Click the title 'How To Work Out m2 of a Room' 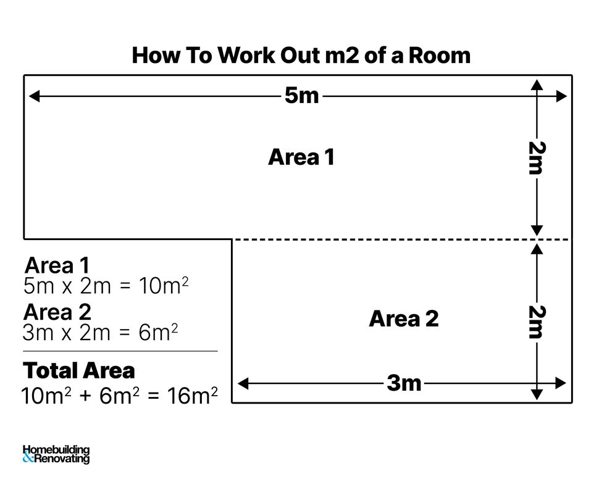tap(301, 56)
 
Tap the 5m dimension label tap(301, 96)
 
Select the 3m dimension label tap(404, 383)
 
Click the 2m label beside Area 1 tap(535, 158)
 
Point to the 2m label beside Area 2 tap(535, 322)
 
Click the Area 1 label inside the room tap(301, 157)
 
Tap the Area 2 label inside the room tap(404, 319)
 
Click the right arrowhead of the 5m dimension tap(561, 96)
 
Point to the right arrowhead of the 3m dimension tap(561, 383)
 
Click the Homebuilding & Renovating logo tap(56, 454)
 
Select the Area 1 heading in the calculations tap(57, 266)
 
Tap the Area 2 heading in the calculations tap(57, 312)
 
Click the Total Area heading tap(78, 371)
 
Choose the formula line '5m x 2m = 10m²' tap(105, 286)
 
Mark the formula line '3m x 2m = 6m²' tap(100, 333)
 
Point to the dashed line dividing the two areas tap(383, 239)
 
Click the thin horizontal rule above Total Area tap(120, 351)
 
